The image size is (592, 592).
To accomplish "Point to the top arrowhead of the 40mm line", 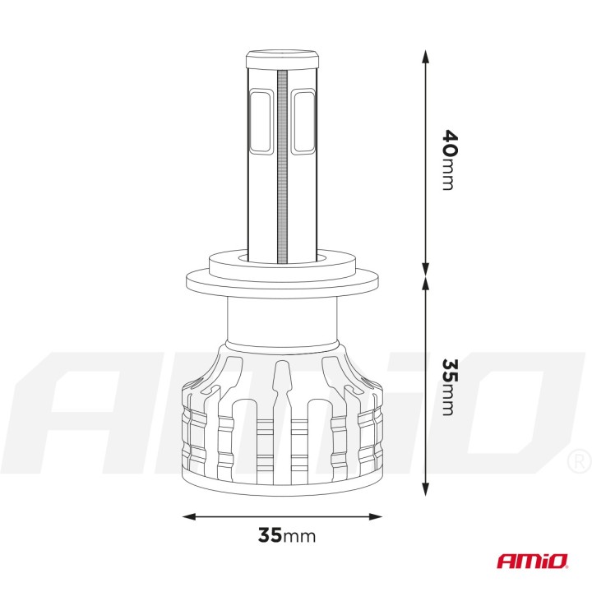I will click(425, 56).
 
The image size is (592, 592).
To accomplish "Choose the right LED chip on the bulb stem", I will click(304, 121).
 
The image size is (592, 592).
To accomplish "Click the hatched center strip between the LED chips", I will click(284, 164).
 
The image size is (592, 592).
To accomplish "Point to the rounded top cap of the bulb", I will click(283, 59).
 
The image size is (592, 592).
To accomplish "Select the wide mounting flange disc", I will click(283, 284).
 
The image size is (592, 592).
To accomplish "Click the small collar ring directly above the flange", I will click(283, 264).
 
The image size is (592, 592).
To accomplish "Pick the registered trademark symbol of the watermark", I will click(578, 458).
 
